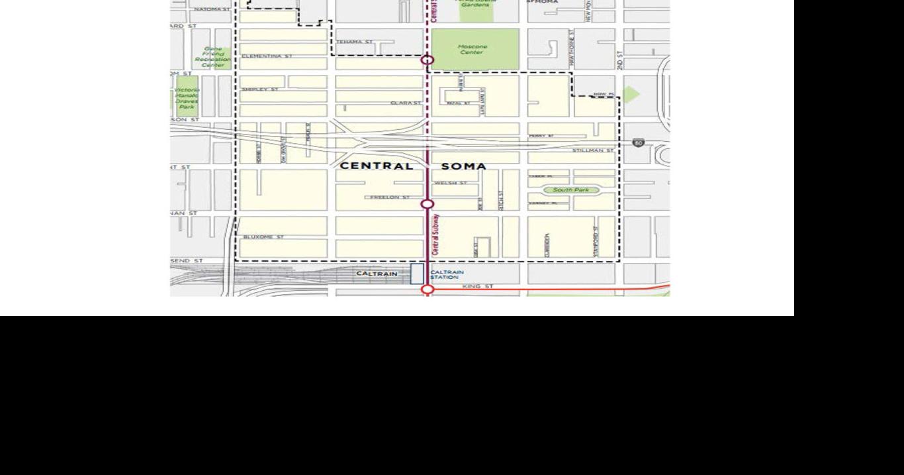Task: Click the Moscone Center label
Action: (473, 50)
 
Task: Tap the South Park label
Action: (570, 190)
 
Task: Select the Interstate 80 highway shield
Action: (637, 142)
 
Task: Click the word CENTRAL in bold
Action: (376, 166)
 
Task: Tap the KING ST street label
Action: (478, 286)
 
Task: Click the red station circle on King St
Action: (428, 290)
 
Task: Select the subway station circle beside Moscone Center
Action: (428, 60)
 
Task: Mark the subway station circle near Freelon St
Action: (428, 204)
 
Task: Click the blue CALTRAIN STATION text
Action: (447, 274)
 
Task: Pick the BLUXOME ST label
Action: (263, 237)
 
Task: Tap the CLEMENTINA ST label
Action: (267, 56)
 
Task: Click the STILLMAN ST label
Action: (592, 151)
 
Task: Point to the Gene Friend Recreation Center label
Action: (212, 57)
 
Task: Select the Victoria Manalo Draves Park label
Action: (187, 98)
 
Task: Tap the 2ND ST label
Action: (620, 60)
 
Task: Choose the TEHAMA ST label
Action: (355, 42)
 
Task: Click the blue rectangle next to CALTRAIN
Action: (417, 274)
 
